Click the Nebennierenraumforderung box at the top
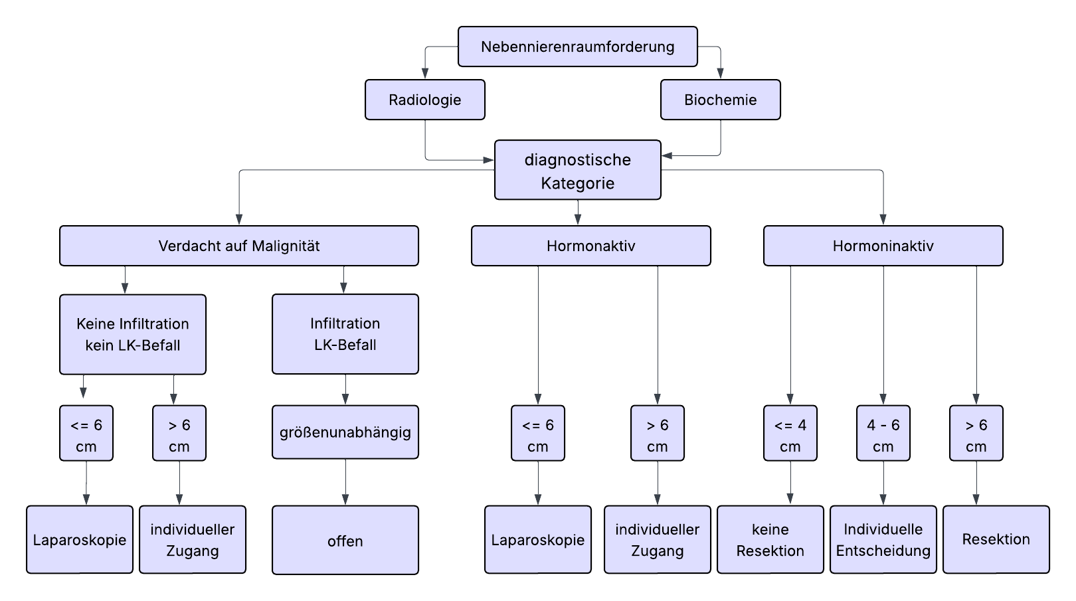(577, 46)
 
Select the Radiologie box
(424, 100)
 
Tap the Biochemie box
(720, 100)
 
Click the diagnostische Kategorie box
(577, 170)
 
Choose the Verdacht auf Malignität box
(238, 246)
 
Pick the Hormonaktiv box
(590, 246)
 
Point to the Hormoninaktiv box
(883, 246)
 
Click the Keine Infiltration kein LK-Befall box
(132, 334)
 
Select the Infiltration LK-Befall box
(345, 334)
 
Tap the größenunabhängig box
(345, 432)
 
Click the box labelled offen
(345, 540)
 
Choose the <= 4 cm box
(790, 433)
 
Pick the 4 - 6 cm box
(883, 433)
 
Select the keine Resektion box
(770, 539)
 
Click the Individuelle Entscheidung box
(883, 539)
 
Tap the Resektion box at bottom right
(996, 539)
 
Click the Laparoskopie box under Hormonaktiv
(537, 539)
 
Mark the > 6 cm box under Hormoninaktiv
(976, 433)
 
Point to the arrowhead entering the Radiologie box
(425, 74)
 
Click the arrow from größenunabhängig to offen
(345, 481)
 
